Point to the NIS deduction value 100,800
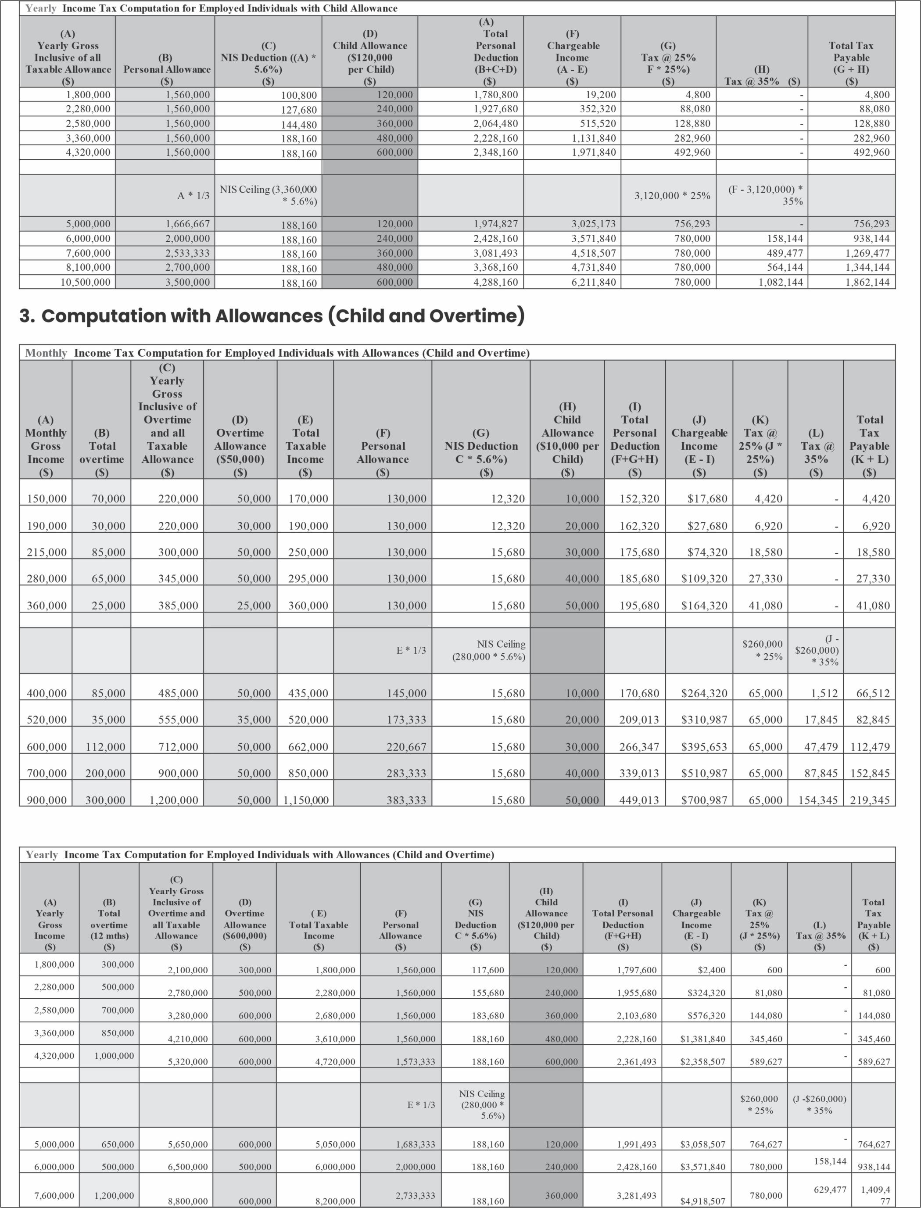pyautogui.click(x=299, y=95)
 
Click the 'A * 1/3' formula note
pyautogui.click(x=193, y=195)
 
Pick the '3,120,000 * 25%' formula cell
pyautogui.click(x=672, y=195)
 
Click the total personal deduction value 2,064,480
pyautogui.click(x=495, y=123)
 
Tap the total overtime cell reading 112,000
pyautogui.click(x=105, y=746)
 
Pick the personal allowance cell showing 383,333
pyautogui.click(x=406, y=800)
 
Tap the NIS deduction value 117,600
pyautogui.click(x=487, y=970)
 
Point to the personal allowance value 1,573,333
pyautogui.click(x=416, y=1061)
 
